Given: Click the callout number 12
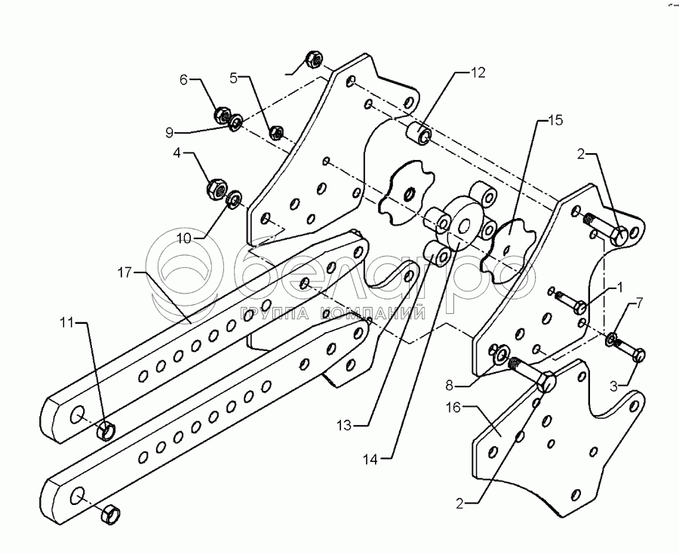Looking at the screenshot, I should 478,73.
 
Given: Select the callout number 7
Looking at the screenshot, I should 640,303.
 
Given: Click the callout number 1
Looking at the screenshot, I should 619,288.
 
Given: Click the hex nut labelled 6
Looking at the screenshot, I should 222,115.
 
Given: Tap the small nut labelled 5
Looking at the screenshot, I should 277,133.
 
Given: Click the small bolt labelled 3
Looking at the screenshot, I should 633,352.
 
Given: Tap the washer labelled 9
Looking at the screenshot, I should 236,121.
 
